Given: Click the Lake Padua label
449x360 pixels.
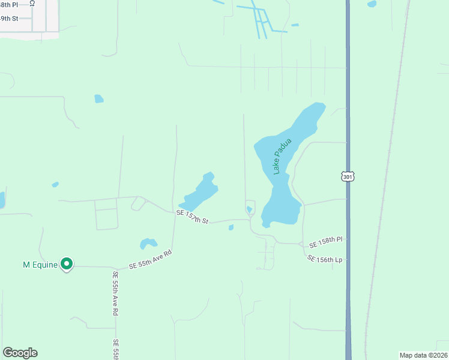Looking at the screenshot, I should coord(282,156).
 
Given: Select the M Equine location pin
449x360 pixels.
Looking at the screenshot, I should coord(67,263).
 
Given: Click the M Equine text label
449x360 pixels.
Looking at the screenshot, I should coord(40,264).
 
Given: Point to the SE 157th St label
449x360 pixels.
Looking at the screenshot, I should coord(192,217).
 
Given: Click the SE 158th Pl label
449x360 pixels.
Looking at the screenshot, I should coord(325,243).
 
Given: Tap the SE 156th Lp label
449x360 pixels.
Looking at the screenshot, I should coord(324,259).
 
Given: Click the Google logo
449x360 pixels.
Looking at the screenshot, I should coord(20,353).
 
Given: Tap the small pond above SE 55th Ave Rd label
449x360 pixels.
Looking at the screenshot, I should coord(148,244).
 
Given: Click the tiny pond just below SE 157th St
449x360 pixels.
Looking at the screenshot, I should coord(231,227).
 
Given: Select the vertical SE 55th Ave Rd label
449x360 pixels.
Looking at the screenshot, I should coord(115,293).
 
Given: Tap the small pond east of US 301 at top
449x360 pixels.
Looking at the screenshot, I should coord(372,4).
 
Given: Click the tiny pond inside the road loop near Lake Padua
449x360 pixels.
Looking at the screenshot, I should coord(249,209).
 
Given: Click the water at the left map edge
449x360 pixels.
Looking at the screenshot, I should coord(2,200).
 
